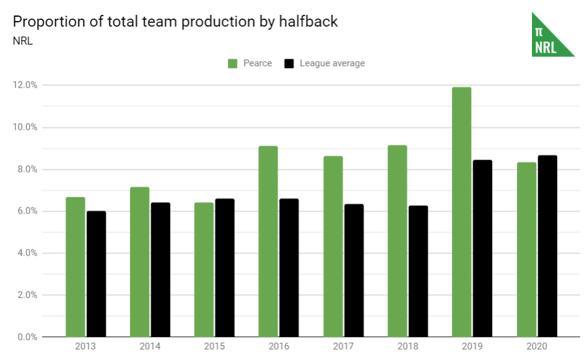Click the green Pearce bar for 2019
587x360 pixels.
click(461, 212)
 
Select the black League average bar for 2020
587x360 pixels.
click(547, 246)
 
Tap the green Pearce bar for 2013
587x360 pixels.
click(75, 267)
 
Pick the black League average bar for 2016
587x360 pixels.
click(289, 268)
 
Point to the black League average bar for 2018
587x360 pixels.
click(418, 271)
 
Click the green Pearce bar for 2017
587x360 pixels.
click(332, 246)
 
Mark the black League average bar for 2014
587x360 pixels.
click(160, 270)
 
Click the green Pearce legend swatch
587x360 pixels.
click(233, 63)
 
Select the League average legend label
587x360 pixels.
click(332, 63)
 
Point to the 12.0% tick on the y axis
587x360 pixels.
click(25, 85)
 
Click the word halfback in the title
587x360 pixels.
click(308, 22)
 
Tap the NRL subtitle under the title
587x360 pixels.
click(22, 42)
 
